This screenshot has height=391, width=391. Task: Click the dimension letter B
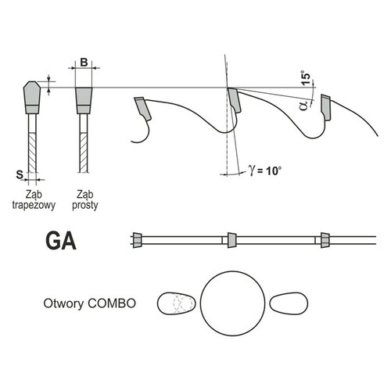(84, 63)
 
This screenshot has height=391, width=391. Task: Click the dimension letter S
(20, 174)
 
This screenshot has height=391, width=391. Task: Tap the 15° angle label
(307, 77)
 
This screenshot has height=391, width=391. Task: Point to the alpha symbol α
(304, 106)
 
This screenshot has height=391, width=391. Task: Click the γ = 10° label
(265, 170)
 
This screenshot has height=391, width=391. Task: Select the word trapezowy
(34, 206)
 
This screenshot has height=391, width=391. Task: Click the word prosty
(85, 206)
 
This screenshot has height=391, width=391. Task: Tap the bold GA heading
(61, 241)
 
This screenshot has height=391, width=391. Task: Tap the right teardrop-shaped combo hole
(289, 303)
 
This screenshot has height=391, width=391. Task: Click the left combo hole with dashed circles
(176, 303)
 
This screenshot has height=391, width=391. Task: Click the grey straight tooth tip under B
(84, 100)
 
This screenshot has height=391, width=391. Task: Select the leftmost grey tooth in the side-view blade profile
(142, 109)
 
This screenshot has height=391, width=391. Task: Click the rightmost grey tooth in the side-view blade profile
(326, 107)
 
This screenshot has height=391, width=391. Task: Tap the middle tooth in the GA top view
(232, 240)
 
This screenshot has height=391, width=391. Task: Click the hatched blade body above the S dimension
(32, 152)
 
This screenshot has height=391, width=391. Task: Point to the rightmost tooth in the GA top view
(325, 240)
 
